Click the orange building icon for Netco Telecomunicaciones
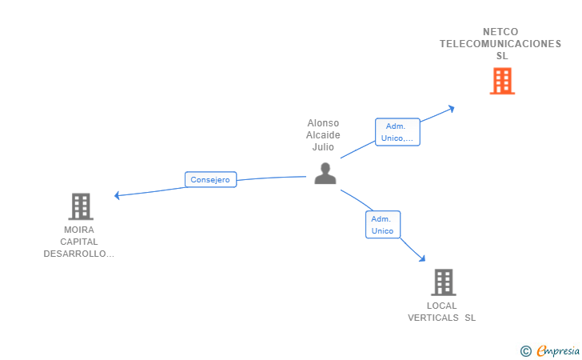[x=502, y=81]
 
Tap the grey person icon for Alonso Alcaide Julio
[x=325, y=174]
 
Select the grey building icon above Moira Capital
[x=81, y=206]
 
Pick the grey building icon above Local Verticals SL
[x=443, y=282]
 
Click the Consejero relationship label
[x=210, y=180]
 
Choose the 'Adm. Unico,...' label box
[x=397, y=132]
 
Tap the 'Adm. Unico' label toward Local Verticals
[x=383, y=225]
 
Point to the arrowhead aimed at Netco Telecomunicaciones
[x=452, y=108]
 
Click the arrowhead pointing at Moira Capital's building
[x=118, y=195]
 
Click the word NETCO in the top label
[x=500, y=32]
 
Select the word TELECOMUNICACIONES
[x=500, y=44]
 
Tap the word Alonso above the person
[x=323, y=123]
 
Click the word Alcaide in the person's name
[x=323, y=135]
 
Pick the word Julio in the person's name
[x=323, y=147]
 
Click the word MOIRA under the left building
[x=79, y=230]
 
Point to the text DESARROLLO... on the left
[x=79, y=254]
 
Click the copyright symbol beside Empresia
[x=526, y=350]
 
